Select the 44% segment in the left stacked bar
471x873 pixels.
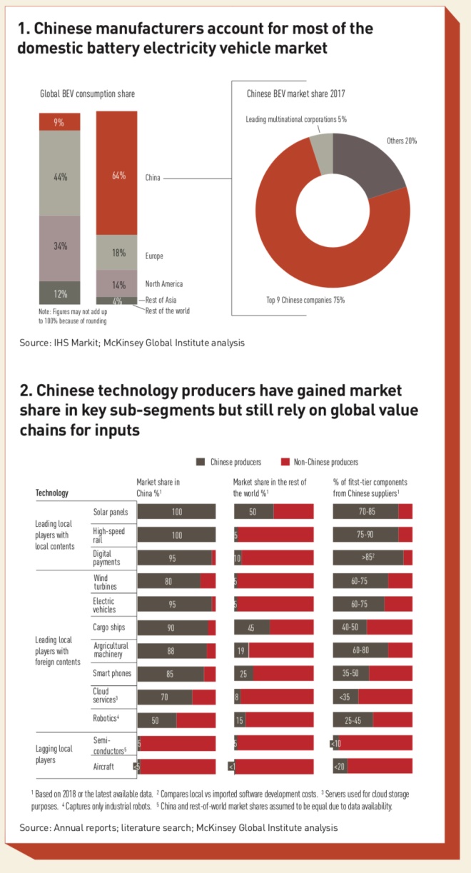pyautogui.click(x=59, y=176)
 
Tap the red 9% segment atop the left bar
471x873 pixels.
pyautogui.click(x=59, y=122)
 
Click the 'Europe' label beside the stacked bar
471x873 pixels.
pyautogui.click(x=155, y=256)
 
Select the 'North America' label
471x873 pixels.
pyautogui.click(x=163, y=284)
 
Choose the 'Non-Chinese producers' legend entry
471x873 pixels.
pyautogui.click(x=320, y=462)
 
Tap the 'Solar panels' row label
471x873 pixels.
pyautogui.click(x=109, y=512)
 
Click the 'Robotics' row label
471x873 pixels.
pyautogui.click(x=106, y=720)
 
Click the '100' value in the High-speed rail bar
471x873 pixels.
pyautogui.click(x=176, y=535)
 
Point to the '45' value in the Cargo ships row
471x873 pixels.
pyautogui.click(x=251, y=627)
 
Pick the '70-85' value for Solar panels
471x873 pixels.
pyautogui.click(x=365, y=512)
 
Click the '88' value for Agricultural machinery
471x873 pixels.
pyautogui.click(x=168, y=651)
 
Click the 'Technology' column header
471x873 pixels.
pyautogui.click(x=52, y=493)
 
